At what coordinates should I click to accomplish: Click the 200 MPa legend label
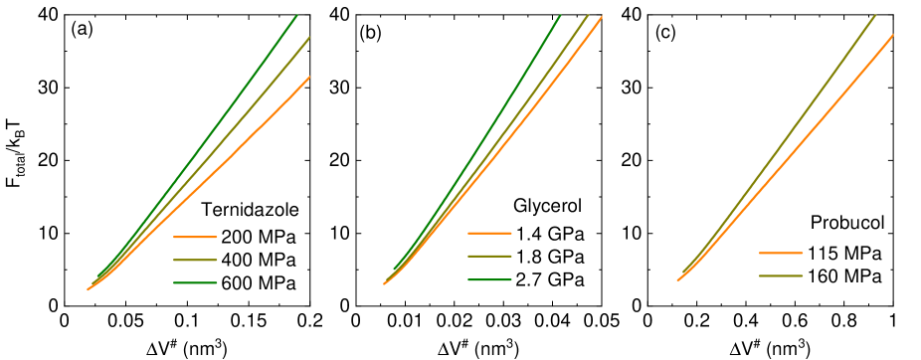tap(259, 238)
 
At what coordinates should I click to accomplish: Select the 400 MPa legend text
tap(259, 261)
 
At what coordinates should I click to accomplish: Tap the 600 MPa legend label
tap(259, 283)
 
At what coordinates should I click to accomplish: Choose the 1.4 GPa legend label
tap(550, 235)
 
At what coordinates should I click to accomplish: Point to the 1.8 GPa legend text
tap(550, 258)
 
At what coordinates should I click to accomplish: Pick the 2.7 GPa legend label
tap(550, 280)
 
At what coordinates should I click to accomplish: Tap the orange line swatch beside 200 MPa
tap(195, 238)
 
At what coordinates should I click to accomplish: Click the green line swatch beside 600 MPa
tap(195, 283)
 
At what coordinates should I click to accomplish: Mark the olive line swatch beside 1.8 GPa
tap(488, 258)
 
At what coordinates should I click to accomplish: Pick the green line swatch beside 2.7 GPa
tap(488, 280)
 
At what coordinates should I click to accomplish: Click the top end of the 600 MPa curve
tap(296, 15)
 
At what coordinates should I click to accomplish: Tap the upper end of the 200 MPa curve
tap(309, 77)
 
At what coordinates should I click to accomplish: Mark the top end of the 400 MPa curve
tap(309, 38)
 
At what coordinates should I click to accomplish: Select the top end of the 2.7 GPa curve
tap(561, 15)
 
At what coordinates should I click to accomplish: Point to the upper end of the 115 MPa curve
tap(892, 35)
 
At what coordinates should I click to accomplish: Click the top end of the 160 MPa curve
tap(874, 15)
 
